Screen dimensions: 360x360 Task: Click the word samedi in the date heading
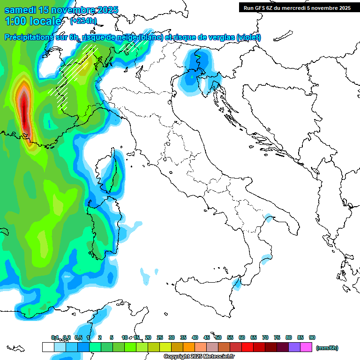click(x=20, y=10)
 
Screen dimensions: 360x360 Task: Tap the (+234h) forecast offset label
click(x=83, y=21)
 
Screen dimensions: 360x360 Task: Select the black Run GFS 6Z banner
click(x=297, y=8)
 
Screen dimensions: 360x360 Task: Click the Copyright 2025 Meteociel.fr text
click(x=199, y=357)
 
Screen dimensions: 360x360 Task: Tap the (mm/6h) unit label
click(x=327, y=348)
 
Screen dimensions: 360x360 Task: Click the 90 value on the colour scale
click(x=312, y=337)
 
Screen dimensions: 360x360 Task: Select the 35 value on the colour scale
click(x=183, y=337)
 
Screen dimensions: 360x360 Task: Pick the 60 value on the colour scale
click(x=242, y=337)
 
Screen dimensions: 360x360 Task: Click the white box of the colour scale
click(x=48, y=347)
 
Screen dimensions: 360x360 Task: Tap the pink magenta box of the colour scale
click(x=306, y=347)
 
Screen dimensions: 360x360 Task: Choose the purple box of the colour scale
click(x=294, y=347)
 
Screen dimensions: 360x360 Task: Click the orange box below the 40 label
click(x=189, y=347)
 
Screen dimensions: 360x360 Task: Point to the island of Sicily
click(x=206, y=295)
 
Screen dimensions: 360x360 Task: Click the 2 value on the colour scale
click(x=100, y=337)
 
